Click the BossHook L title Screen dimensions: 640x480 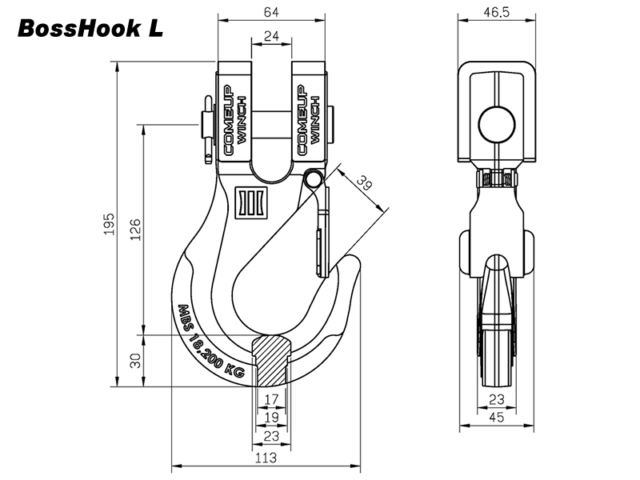(x=90, y=29)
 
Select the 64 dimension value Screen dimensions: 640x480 (x=271, y=12)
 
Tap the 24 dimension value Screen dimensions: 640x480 (x=271, y=36)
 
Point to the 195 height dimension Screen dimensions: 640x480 (x=109, y=224)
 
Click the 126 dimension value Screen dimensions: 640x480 (x=136, y=230)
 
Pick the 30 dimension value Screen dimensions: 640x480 (x=136, y=361)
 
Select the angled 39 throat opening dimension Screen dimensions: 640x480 (x=365, y=182)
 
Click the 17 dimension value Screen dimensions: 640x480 (x=271, y=398)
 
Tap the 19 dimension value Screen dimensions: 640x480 (x=271, y=417)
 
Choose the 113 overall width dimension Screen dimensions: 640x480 (x=266, y=458)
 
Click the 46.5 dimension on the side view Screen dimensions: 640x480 (x=497, y=12)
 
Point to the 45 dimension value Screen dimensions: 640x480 (x=496, y=417)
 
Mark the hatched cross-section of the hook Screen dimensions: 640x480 (x=271, y=360)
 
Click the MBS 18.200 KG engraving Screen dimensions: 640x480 (x=210, y=342)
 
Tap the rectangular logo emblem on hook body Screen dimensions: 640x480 (x=250, y=202)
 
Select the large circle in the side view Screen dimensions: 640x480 (x=497, y=126)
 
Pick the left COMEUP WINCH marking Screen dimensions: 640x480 (x=235, y=121)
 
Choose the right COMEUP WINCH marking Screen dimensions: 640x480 (x=309, y=121)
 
